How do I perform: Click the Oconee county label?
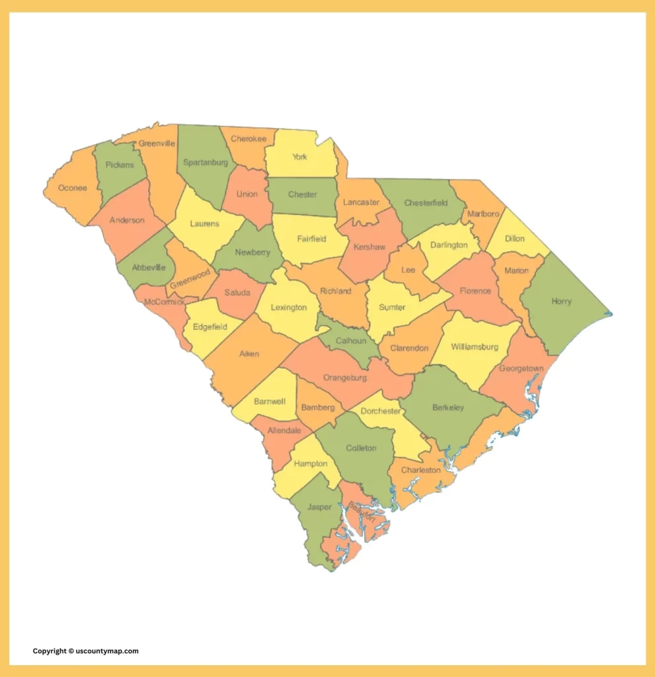tap(73, 188)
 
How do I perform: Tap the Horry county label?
tap(561, 301)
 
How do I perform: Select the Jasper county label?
tap(319, 507)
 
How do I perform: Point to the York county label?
tap(299, 157)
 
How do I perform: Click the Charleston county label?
tap(421, 470)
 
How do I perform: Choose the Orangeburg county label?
tap(344, 378)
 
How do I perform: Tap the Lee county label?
tap(408, 270)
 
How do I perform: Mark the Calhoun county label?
tap(351, 340)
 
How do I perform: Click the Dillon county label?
tap(514, 239)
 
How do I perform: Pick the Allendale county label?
tap(284, 430)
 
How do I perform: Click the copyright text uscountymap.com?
tap(86, 651)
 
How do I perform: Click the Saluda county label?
tap(237, 292)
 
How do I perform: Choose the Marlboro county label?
tap(482, 214)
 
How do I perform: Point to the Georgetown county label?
tap(521, 368)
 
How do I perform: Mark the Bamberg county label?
tap(318, 407)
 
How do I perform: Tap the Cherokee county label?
tap(249, 139)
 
